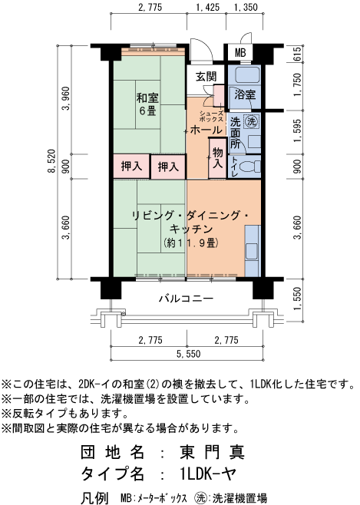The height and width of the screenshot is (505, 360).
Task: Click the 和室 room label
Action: tap(148, 97)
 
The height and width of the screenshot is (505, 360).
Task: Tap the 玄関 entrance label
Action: tap(206, 76)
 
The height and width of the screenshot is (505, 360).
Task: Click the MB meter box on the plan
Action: tap(240, 53)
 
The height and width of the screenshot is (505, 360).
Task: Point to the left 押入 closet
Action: tap(131, 166)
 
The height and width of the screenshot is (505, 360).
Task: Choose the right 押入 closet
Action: tap(168, 166)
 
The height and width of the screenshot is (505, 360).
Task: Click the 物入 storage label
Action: tap(217, 157)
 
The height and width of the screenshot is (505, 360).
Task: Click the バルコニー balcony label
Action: tap(187, 298)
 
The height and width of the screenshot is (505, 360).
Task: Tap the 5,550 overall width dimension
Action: tap(187, 353)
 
